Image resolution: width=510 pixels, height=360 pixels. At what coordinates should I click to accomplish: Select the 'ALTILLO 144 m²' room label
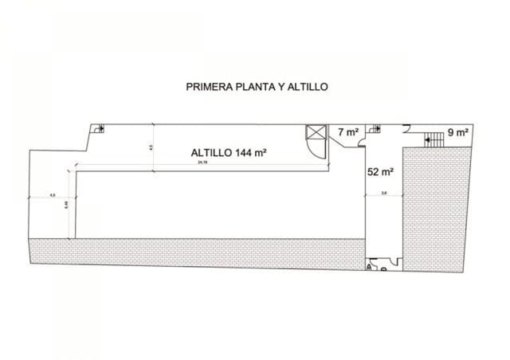point(228,154)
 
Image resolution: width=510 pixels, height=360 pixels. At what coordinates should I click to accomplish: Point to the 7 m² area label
point(348,132)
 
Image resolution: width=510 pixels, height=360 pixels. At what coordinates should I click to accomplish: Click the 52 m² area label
point(380,170)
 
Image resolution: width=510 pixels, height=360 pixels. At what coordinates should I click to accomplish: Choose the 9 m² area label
point(457,132)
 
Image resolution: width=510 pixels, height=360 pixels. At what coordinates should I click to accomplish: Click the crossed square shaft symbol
point(316,132)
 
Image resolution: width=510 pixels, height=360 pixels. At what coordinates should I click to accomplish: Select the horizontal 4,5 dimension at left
point(53,194)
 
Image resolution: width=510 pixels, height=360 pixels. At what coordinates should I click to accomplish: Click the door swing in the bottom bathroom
point(393,261)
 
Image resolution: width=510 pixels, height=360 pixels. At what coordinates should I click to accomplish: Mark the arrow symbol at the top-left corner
point(100,128)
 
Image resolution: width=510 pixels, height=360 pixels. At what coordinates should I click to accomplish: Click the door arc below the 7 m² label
point(362,143)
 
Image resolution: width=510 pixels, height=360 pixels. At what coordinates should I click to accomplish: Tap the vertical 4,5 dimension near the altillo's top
point(151,147)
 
